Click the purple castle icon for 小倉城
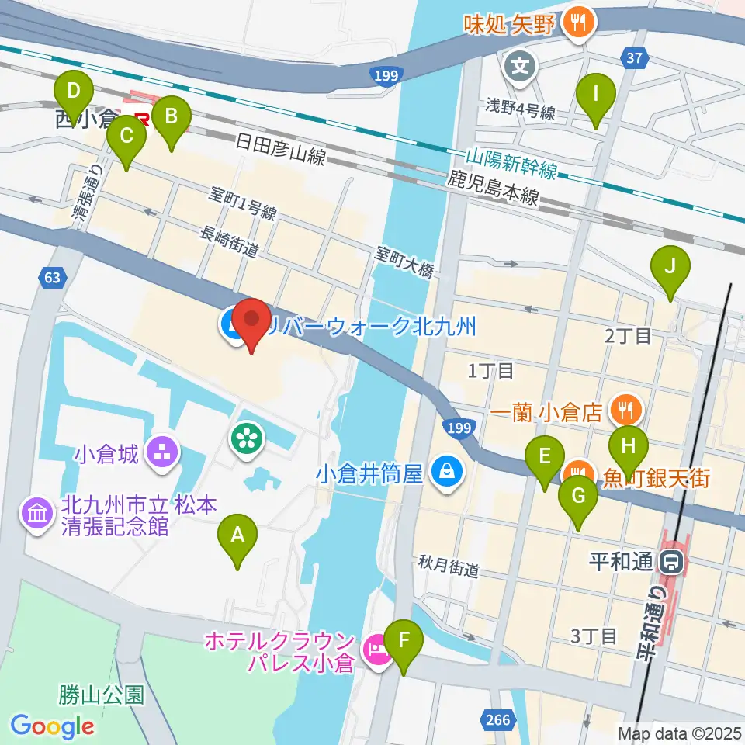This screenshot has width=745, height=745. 164,453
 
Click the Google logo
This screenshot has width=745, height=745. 52,726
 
